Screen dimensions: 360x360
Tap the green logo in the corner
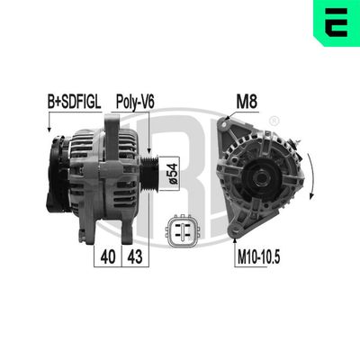[336, 22]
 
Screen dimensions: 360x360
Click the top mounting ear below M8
[237, 125]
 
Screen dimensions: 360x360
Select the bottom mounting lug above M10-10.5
[237, 231]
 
